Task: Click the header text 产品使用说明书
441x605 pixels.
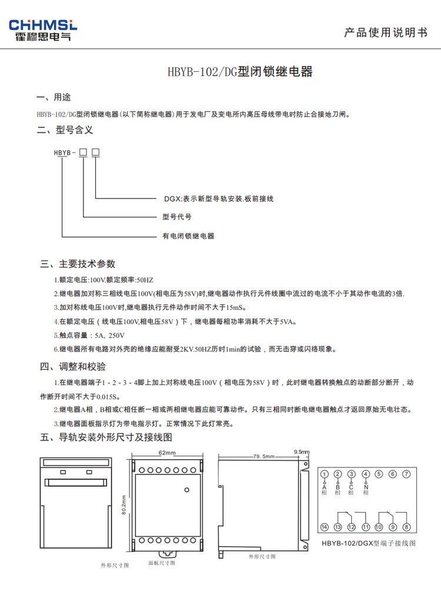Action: pos(385,33)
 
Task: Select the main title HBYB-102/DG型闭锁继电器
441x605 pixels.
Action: pos(240,73)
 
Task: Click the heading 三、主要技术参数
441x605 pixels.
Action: pos(78,263)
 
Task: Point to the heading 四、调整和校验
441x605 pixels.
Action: pos(73,367)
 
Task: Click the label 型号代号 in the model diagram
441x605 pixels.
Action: pos(177,217)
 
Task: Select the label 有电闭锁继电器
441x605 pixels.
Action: pos(188,236)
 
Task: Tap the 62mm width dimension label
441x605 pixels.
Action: pos(167,453)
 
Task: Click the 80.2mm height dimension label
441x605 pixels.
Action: pos(124,504)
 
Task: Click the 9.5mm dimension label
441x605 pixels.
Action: pos(301,452)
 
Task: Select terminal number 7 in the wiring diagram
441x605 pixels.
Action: pos(406,474)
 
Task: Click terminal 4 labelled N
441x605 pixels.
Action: pos(365,474)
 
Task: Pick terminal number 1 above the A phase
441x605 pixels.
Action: pos(324,474)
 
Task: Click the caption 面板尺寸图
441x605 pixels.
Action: pos(161,563)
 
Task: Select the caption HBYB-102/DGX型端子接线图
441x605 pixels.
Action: pos(368,543)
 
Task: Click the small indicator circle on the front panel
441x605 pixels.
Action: pos(187,489)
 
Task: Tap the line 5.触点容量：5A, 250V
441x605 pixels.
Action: pos(89,335)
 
